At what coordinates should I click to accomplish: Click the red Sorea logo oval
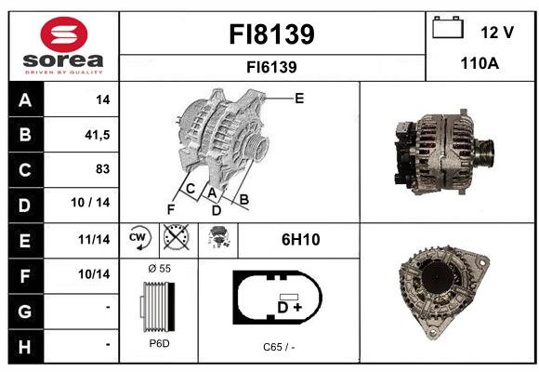64,34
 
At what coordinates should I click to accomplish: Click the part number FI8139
271,34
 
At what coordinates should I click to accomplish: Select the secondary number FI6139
271,67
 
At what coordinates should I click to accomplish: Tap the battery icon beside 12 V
448,27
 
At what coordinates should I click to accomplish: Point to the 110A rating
480,63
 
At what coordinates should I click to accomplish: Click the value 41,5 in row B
98,135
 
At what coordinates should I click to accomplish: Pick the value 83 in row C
103,169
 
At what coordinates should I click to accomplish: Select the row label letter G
25,312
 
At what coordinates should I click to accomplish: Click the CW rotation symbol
139,238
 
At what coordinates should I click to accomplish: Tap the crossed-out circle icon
176,237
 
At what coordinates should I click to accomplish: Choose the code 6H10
301,240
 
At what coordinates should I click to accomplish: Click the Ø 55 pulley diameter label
159,268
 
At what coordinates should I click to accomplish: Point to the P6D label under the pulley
159,343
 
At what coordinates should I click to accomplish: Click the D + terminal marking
289,307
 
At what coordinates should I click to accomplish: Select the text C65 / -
279,347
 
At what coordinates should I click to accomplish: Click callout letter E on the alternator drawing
299,99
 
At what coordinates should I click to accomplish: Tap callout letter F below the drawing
171,209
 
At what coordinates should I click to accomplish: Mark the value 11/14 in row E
94,239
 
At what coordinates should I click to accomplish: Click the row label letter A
25,100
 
